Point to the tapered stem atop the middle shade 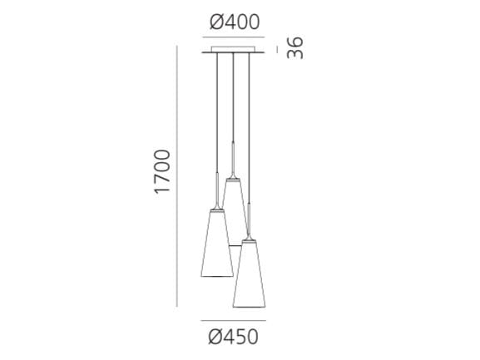(x=234, y=166)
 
